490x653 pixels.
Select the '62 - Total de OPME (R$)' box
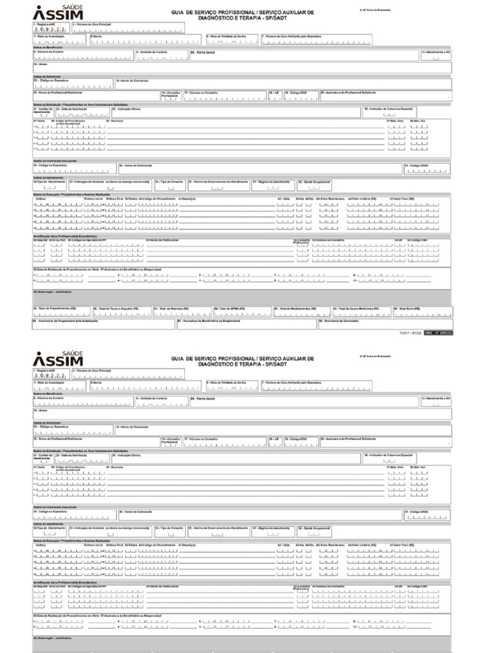point(242,311)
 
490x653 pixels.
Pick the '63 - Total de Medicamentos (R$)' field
point(301,311)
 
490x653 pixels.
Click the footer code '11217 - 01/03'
point(408,332)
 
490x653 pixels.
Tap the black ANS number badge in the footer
point(440,332)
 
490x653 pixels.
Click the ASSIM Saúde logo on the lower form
point(57,360)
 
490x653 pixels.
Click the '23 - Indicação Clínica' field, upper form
point(236,113)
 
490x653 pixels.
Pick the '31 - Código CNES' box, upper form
point(427,168)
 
